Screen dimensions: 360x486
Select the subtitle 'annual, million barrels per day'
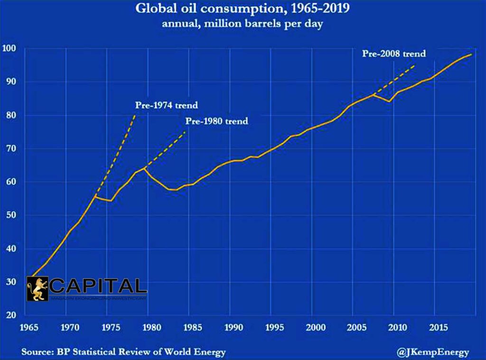click(x=243, y=24)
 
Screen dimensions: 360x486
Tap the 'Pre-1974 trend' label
click(x=166, y=105)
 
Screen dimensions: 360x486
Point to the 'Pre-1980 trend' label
click(x=216, y=121)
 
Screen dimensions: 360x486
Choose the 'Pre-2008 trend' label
click(x=394, y=54)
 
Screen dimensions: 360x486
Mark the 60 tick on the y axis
click(x=11, y=182)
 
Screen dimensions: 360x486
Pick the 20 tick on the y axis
click(x=11, y=315)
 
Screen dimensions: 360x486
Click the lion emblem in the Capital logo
click(x=37, y=288)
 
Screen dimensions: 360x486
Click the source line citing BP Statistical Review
click(x=123, y=352)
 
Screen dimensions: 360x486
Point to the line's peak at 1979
click(x=144, y=168)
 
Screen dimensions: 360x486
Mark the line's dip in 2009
click(x=389, y=102)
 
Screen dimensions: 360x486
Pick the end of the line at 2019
click(x=471, y=55)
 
